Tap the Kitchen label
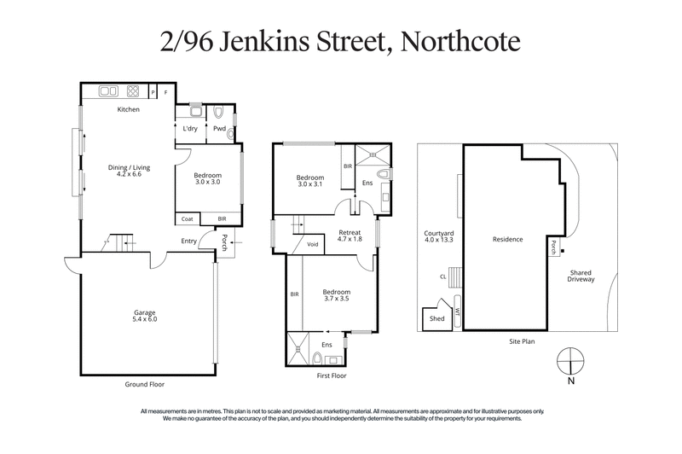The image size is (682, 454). [129, 110]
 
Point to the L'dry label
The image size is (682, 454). [190, 129]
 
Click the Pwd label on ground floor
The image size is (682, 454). [219, 129]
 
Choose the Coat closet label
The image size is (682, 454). [188, 218]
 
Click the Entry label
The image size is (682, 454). [189, 241]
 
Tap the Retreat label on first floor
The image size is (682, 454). [350, 231]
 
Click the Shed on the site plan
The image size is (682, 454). [436, 318]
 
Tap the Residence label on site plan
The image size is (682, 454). [508, 239]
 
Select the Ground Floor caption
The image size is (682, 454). [146, 385]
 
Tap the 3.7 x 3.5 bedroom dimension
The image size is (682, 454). [337, 300]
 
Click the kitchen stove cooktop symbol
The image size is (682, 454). [133, 90]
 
